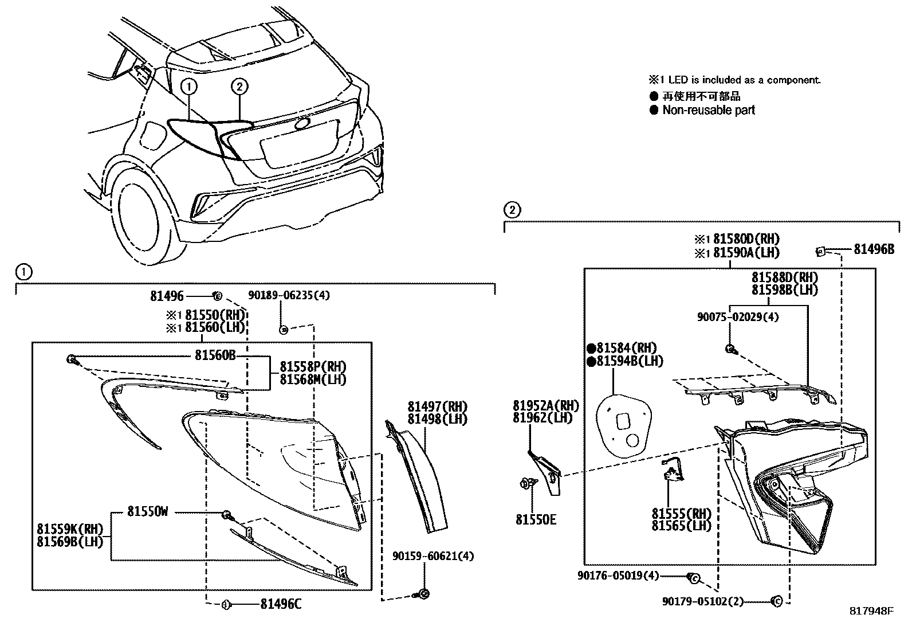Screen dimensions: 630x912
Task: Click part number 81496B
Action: tap(874, 249)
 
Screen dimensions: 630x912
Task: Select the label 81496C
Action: tap(280, 604)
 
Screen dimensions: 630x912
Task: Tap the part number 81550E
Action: tap(536, 520)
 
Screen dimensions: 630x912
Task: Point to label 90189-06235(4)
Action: tap(289, 295)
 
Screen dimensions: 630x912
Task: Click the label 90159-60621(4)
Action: tap(433, 556)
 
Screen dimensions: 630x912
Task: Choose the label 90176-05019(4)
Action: tap(619, 576)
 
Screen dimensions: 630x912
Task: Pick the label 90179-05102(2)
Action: tap(702, 601)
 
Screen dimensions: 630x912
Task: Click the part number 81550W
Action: tap(147, 512)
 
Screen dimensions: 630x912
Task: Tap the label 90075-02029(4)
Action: tap(737, 317)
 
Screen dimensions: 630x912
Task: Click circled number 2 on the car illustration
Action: tap(239, 87)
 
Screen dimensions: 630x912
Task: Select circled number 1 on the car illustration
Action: tap(190, 87)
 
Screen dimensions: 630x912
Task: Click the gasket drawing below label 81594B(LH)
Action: tap(624, 422)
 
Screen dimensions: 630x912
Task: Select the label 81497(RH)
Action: tap(437, 406)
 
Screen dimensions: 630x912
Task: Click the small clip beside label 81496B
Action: tap(820, 250)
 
